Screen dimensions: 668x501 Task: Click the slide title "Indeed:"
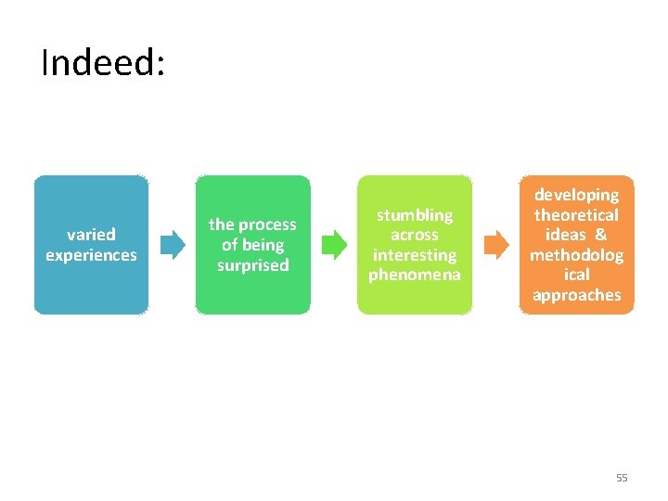coord(103,63)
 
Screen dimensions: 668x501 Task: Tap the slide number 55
coord(622,478)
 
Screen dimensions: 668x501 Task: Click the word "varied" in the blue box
coord(91,235)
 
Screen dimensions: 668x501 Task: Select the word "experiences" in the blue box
coord(91,255)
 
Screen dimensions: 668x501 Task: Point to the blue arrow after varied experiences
coord(173,245)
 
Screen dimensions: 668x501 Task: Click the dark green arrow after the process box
coord(334,245)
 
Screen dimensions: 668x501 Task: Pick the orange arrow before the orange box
coord(497,245)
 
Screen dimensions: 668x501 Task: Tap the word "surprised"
coord(252,265)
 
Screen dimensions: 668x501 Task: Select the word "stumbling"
coord(414,215)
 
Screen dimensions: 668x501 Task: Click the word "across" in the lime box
coord(414,235)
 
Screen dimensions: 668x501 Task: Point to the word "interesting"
coord(414,255)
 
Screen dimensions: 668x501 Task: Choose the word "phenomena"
coord(414,276)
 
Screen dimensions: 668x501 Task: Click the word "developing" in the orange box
coord(576,195)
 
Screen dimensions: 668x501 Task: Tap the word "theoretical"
coord(576,215)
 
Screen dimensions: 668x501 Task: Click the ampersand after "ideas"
coord(601,235)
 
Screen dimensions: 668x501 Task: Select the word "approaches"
coord(576,295)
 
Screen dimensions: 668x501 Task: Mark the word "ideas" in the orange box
coord(565,235)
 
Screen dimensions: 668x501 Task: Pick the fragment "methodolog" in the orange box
coord(576,255)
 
